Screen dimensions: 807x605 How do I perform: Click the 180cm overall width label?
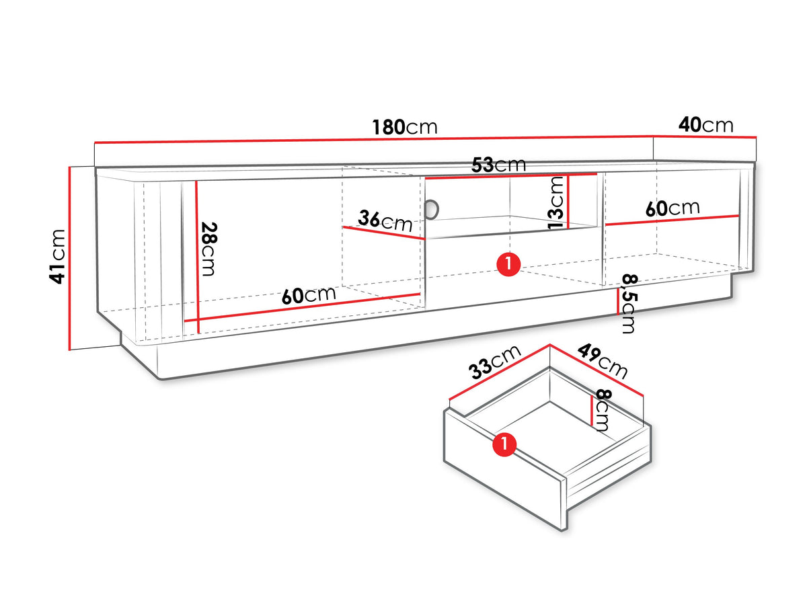[404, 127]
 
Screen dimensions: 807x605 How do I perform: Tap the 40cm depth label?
[705, 124]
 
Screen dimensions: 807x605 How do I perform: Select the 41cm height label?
[58, 256]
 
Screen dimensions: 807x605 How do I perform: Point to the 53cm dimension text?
[498, 165]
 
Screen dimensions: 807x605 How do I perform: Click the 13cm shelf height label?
[556, 202]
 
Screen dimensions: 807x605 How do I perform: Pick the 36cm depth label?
[385, 220]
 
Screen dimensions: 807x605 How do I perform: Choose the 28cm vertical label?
[208, 249]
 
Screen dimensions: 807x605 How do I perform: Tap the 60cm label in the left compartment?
[309, 295]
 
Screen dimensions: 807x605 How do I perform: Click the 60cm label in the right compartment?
[672, 208]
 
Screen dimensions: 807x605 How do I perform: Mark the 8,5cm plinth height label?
[628, 304]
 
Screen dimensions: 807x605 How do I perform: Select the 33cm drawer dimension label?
[494, 362]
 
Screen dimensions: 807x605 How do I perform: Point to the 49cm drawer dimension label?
[603, 361]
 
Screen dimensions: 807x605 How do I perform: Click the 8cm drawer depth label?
[601, 410]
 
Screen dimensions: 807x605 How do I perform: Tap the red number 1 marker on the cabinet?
[508, 264]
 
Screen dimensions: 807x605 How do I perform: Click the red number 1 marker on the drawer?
[504, 444]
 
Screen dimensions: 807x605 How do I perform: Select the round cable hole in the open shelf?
[432, 210]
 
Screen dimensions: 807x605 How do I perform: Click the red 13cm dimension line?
[568, 202]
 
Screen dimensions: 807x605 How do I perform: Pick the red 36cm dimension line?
[384, 233]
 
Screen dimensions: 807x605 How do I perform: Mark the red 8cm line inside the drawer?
[591, 411]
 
